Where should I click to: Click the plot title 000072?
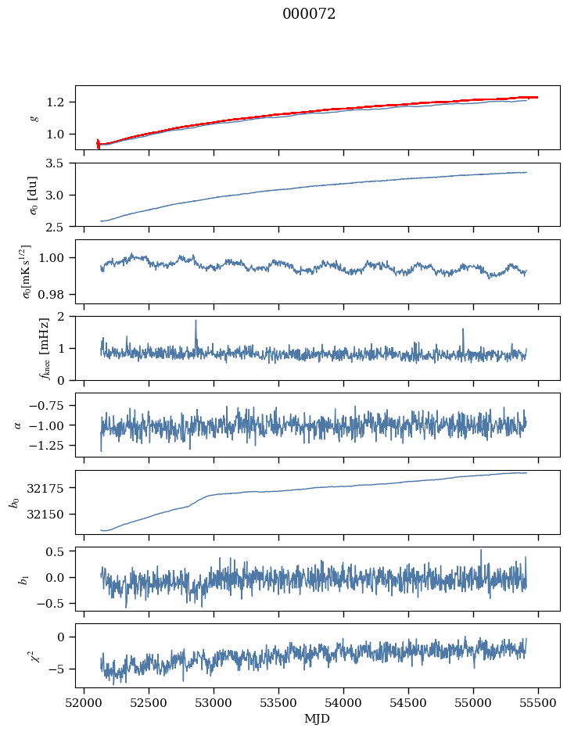(x=309, y=14)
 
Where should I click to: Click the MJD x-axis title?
(x=318, y=719)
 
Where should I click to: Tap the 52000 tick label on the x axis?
(x=84, y=703)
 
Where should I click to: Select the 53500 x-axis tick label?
(x=278, y=703)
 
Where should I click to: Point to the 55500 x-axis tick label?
(x=538, y=703)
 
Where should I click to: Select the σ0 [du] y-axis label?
(x=33, y=195)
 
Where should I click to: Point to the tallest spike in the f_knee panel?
(x=196, y=321)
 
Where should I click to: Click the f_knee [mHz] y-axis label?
(x=45, y=348)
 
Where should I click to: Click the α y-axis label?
(x=18, y=425)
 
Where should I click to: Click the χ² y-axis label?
(x=34, y=656)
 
